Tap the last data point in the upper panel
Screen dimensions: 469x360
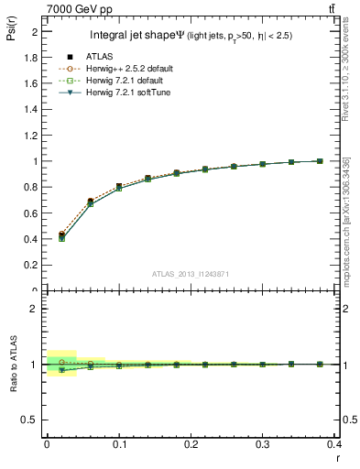(x=320, y=161)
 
